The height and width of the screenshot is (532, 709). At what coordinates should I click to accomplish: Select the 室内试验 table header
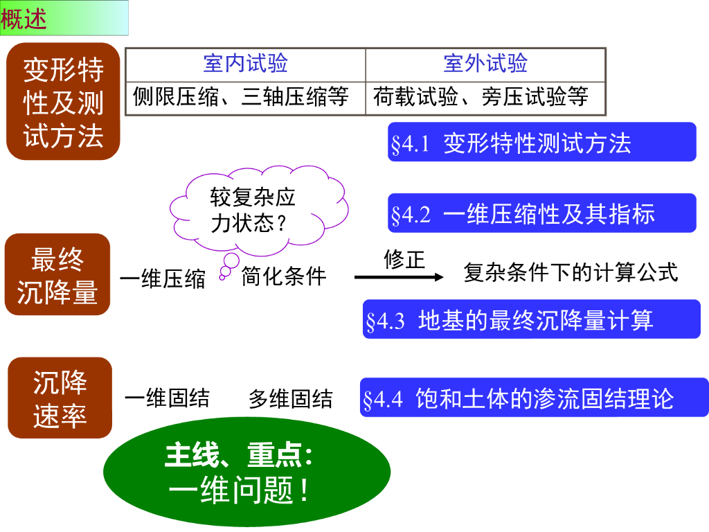pyautogui.click(x=245, y=64)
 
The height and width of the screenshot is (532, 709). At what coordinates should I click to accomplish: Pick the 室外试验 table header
pyautogui.click(x=485, y=64)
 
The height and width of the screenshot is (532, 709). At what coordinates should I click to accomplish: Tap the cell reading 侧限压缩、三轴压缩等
pyautogui.click(x=245, y=97)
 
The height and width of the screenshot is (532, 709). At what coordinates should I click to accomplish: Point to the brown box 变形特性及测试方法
pyautogui.click(x=64, y=102)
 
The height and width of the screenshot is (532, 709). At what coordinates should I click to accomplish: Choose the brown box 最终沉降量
pyautogui.click(x=57, y=275)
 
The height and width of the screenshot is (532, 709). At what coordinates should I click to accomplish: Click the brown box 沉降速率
pyautogui.click(x=60, y=398)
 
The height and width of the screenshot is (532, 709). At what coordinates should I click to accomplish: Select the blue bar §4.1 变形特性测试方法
pyautogui.click(x=541, y=143)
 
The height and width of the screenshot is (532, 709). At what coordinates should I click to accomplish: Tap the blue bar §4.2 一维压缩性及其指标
pyautogui.click(x=541, y=213)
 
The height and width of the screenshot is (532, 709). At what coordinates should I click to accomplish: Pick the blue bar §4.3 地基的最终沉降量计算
pyautogui.click(x=531, y=319)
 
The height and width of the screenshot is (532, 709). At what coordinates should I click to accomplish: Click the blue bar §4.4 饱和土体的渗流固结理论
pyautogui.click(x=534, y=398)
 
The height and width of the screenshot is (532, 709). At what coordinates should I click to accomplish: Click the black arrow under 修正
pyautogui.click(x=398, y=277)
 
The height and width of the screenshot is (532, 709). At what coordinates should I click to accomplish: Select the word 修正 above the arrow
pyautogui.click(x=404, y=259)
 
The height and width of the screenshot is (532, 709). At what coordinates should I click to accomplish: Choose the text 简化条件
pyautogui.click(x=284, y=276)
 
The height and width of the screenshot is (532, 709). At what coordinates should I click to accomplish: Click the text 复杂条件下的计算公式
pyautogui.click(x=571, y=272)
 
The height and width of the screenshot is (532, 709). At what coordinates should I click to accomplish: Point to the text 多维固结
pyautogui.click(x=290, y=399)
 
